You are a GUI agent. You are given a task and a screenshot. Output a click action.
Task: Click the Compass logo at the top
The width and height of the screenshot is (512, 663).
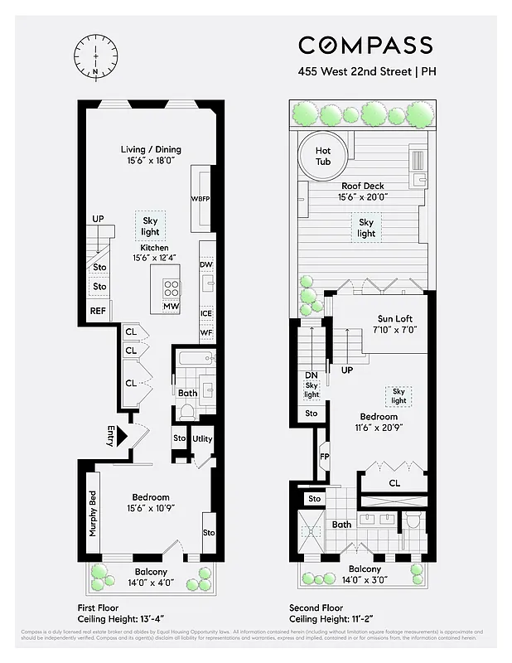tap(365, 45)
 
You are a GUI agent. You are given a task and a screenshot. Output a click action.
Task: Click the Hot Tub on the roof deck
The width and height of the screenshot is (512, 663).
tap(323, 156)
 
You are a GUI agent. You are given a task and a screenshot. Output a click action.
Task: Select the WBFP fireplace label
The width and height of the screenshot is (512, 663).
tap(201, 199)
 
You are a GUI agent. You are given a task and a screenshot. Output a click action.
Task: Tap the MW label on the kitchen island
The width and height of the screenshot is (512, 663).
tap(171, 307)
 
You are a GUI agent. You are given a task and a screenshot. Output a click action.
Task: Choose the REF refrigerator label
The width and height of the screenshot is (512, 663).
tap(99, 312)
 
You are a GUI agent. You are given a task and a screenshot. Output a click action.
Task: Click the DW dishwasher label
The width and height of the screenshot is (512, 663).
tap(206, 265)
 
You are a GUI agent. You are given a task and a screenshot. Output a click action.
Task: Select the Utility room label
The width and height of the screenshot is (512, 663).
tap(203, 438)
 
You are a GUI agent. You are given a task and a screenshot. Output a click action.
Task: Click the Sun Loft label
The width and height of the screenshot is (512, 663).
tap(395, 319)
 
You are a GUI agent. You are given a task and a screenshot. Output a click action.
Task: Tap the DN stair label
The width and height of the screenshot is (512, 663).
tap(312, 375)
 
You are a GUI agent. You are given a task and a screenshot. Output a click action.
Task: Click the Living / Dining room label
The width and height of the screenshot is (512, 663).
tap(151, 150)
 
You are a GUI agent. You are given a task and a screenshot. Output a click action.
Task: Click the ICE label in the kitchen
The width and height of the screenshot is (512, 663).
tap(206, 313)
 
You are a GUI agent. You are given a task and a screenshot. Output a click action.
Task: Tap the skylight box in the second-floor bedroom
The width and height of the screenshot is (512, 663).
tap(398, 396)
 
